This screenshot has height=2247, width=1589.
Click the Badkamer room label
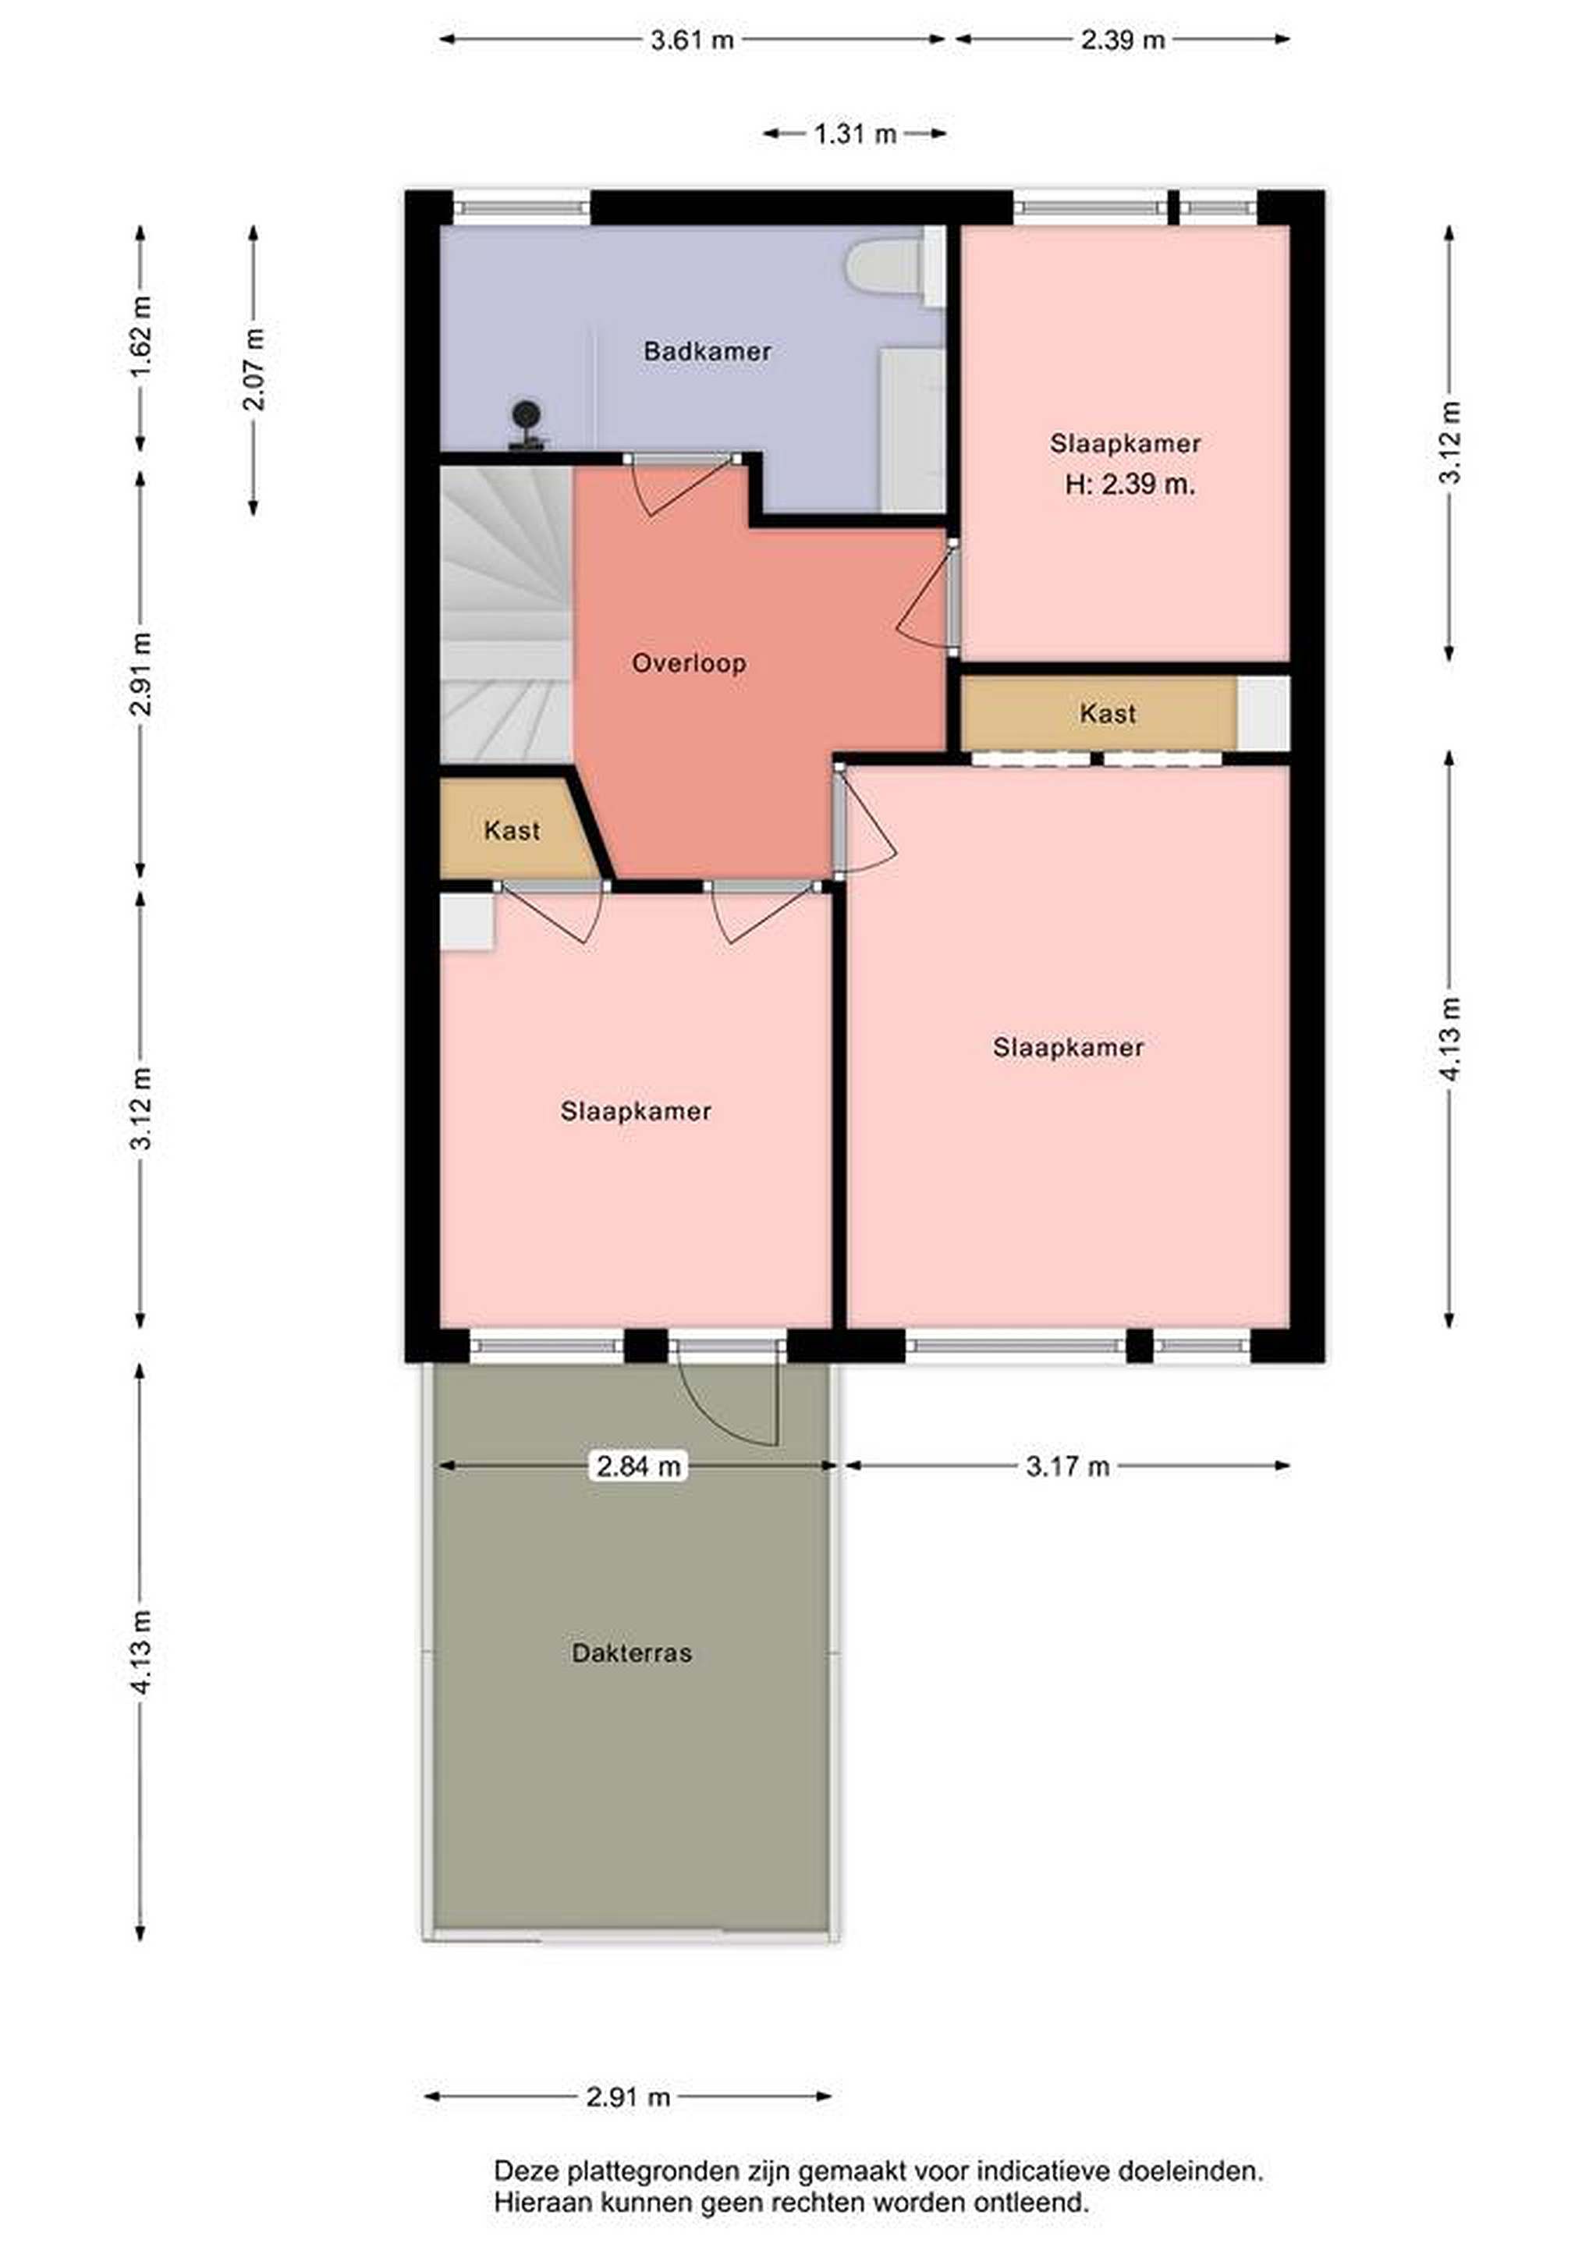click(707, 351)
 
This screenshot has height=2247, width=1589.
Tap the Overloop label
click(689, 663)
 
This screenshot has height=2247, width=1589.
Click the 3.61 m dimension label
click(692, 40)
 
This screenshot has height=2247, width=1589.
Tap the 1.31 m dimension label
click(855, 134)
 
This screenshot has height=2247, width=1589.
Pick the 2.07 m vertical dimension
click(254, 369)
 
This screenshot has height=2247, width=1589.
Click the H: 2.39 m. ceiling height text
click(1130, 485)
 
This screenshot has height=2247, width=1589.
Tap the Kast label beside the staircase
click(512, 831)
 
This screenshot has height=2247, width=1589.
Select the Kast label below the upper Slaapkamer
click(1108, 713)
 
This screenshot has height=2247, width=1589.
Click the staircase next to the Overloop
click(505, 615)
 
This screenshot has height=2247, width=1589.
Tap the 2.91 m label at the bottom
click(628, 2097)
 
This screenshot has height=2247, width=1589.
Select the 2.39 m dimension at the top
click(1123, 40)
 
